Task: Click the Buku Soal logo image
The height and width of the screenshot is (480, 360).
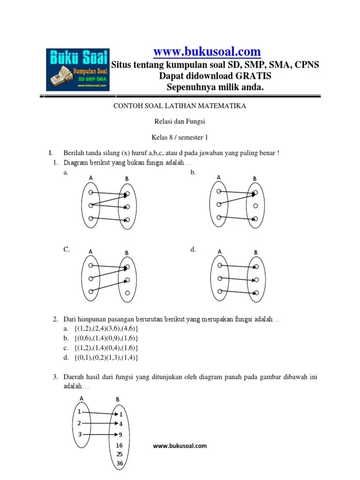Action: coord(77,69)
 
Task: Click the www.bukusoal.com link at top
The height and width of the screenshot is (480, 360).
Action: coord(207,51)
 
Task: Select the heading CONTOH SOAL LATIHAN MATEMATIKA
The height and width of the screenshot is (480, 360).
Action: coord(180,106)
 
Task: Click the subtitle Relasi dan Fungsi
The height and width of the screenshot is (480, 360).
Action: coord(180,122)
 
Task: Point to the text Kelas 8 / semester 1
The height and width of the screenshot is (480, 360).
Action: coord(180,138)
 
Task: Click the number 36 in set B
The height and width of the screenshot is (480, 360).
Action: coord(120,464)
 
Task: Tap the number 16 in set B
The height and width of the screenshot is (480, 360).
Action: coord(120,445)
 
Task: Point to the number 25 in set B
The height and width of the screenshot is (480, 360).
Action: coord(120,454)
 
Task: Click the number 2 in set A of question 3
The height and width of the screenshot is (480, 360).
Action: coord(80,423)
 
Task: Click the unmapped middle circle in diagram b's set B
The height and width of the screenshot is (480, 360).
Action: coord(255,206)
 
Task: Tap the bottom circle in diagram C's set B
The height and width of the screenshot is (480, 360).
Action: coord(127,293)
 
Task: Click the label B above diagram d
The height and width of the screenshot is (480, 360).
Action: coord(256,253)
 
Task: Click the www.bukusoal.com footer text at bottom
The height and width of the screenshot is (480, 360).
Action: coord(180,446)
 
